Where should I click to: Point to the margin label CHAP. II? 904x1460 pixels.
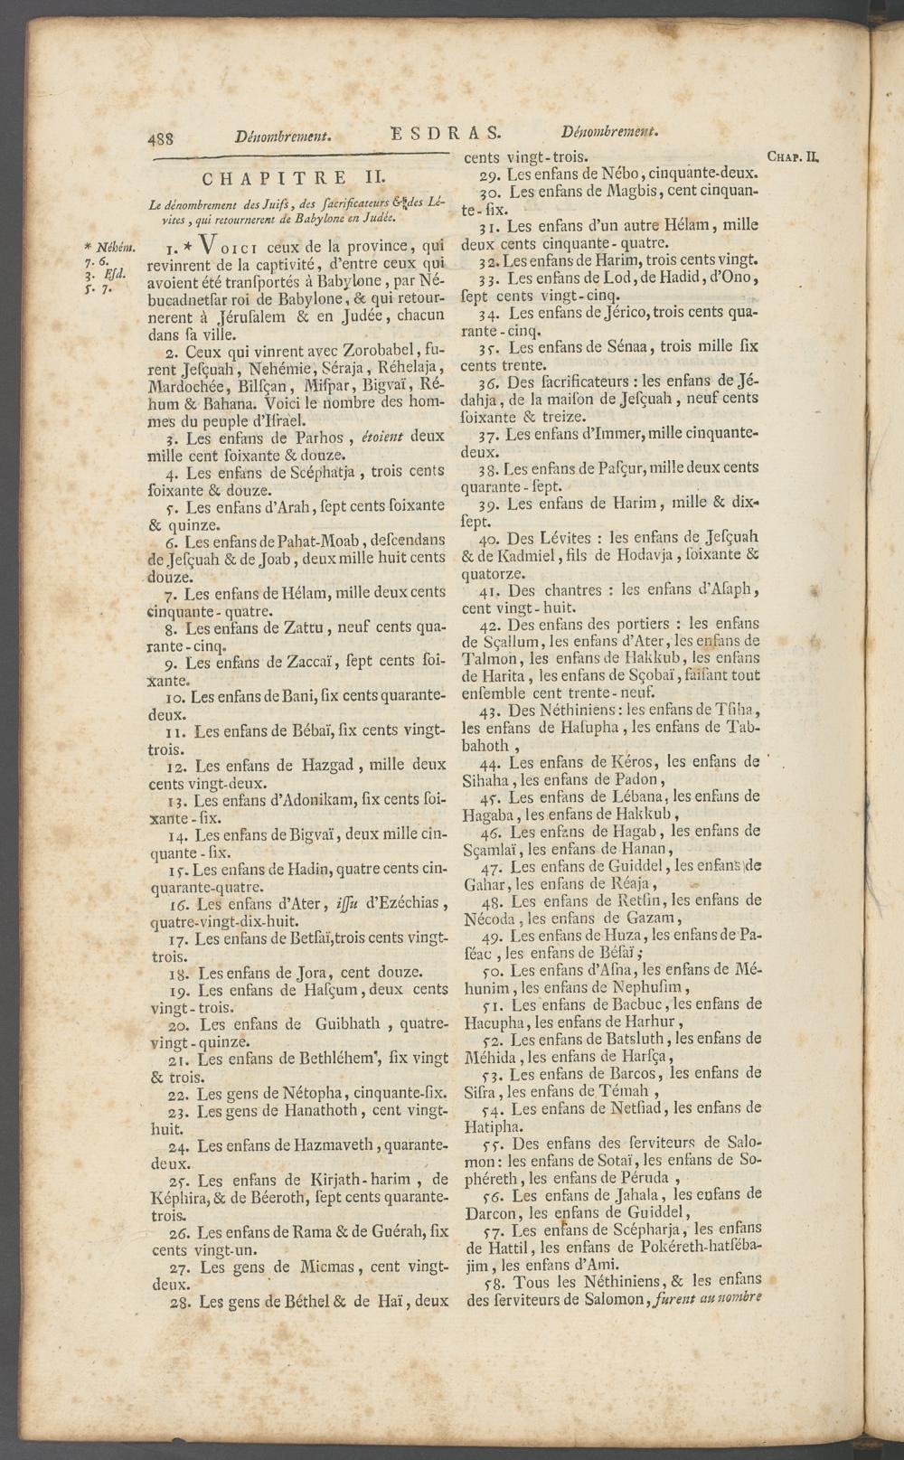pyautogui.click(x=792, y=155)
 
